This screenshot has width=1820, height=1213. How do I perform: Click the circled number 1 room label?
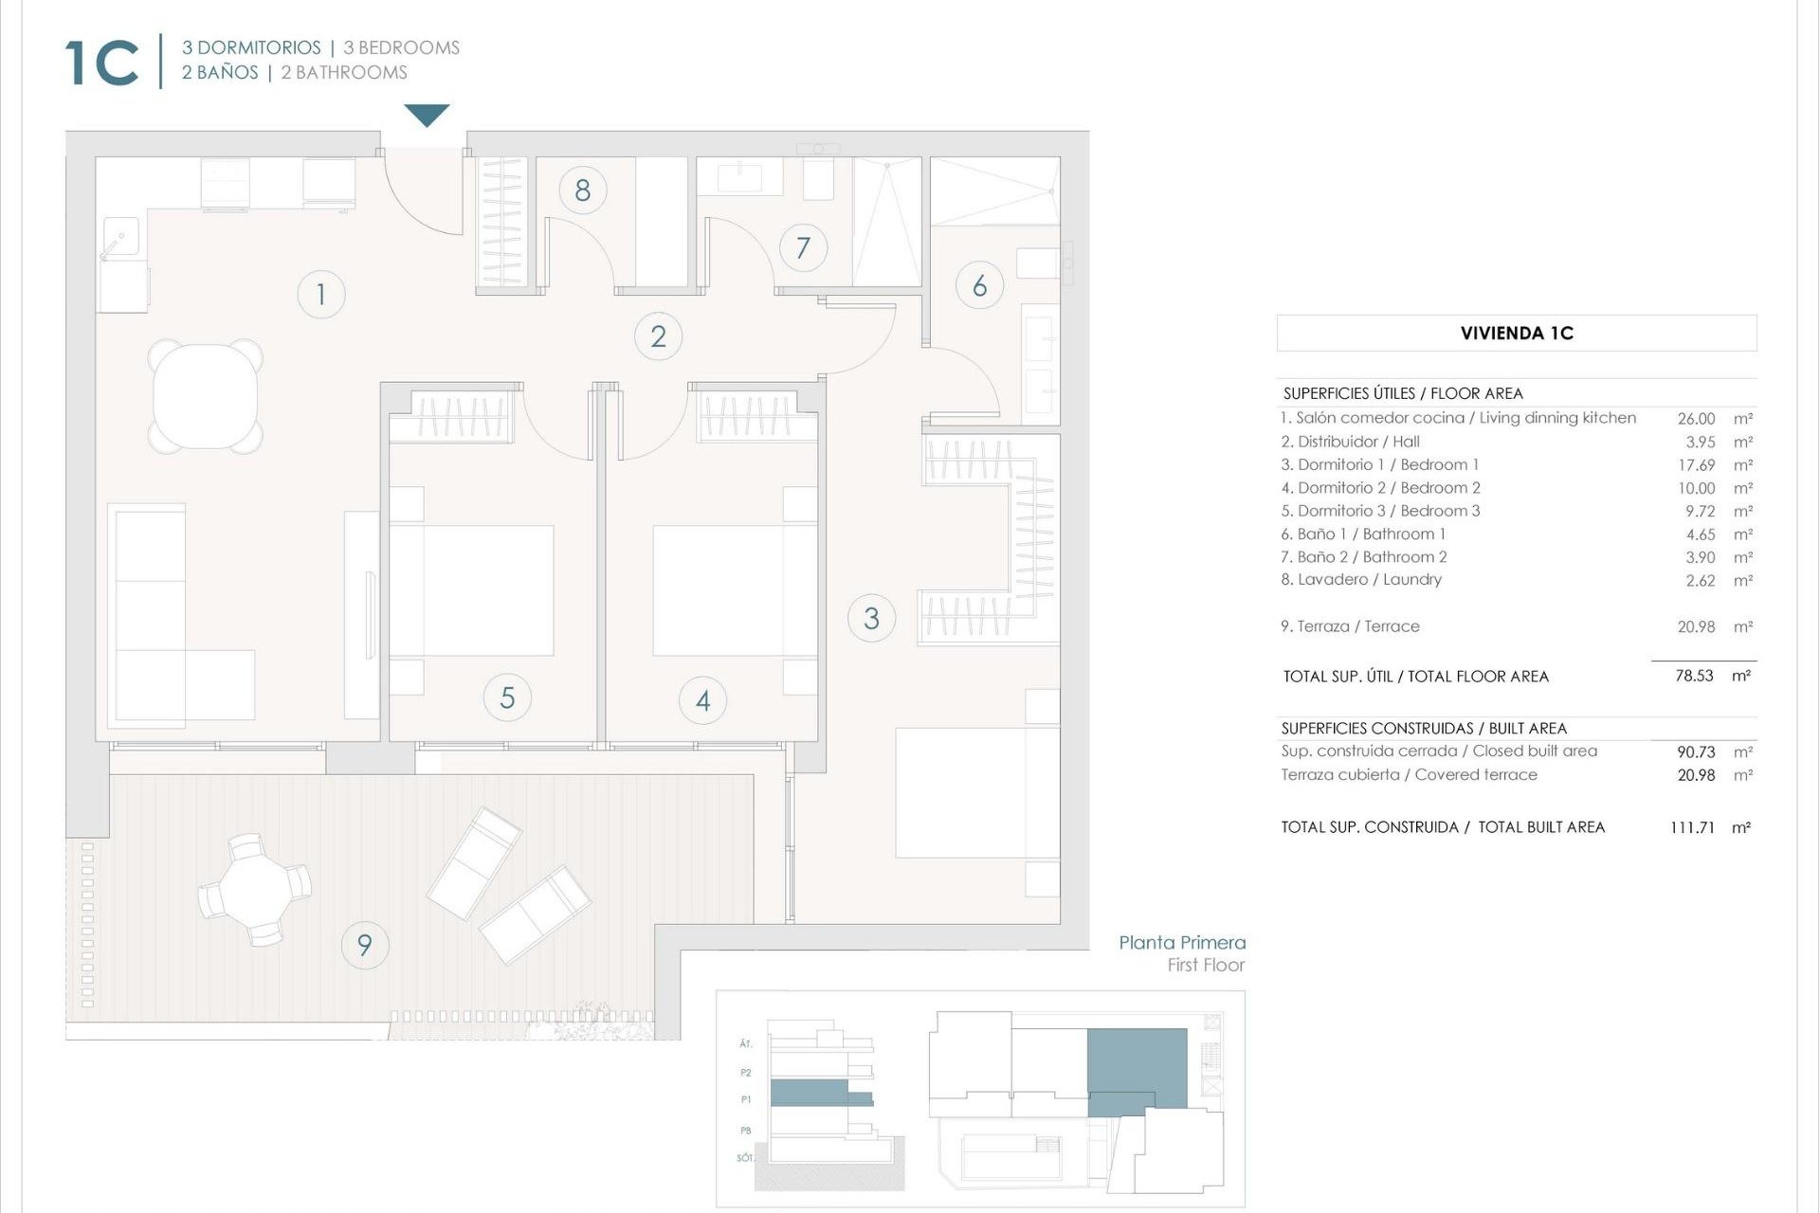320,294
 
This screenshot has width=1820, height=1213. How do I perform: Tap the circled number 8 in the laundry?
582,190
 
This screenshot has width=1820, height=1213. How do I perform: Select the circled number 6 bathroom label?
979,285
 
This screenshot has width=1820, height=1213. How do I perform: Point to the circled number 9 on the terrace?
364,944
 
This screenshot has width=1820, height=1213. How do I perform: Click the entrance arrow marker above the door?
427,115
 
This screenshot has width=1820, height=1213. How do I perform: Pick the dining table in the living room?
205,395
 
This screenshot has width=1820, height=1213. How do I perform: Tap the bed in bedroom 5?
472,590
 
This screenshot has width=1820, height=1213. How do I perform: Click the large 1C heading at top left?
102,63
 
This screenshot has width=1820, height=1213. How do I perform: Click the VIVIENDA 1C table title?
1516,334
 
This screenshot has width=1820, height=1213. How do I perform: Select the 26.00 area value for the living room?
1696,418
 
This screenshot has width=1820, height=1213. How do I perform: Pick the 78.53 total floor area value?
1694,676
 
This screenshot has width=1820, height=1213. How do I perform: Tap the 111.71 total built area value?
1692,827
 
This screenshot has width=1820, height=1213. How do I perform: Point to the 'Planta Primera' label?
1181,942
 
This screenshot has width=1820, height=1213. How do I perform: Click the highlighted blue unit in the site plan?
1136,1068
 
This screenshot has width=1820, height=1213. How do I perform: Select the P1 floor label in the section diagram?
746,1099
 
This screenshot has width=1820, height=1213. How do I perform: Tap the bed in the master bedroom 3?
976,792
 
